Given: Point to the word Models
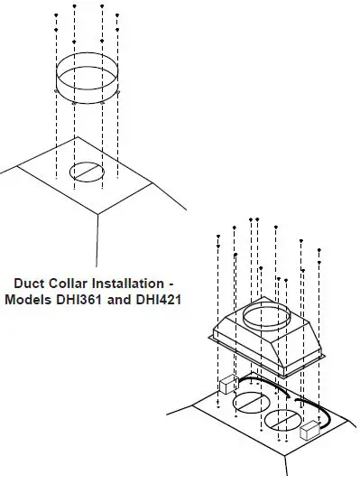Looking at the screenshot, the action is [28, 298].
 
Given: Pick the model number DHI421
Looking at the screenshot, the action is [160, 298].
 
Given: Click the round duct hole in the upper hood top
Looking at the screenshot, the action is [86, 170].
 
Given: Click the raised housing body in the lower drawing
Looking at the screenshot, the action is [271, 348].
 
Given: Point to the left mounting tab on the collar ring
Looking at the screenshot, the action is [56, 91].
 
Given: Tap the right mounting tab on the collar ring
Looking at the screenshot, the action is [116, 90].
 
